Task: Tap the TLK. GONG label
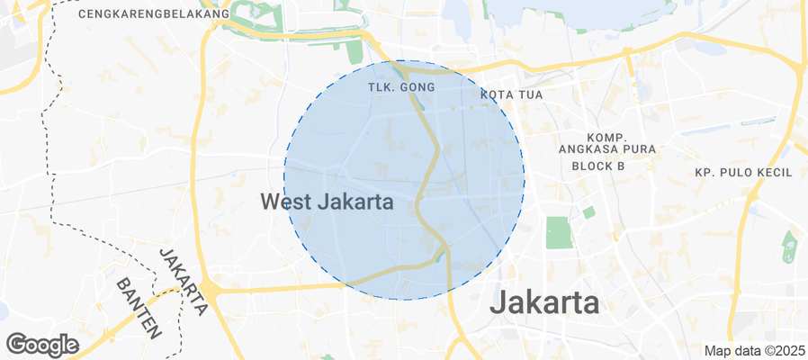[402, 87]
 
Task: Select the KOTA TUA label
[512, 94]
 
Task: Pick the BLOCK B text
[598, 166]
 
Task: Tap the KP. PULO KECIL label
[743, 172]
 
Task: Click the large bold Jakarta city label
[544, 302]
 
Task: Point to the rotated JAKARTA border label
[184, 281]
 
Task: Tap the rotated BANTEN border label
[139, 307]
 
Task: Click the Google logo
[42, 345]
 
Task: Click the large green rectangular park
[558, 232]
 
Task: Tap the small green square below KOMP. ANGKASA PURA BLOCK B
[588, 212]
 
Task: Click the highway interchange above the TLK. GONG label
[404, 68]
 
